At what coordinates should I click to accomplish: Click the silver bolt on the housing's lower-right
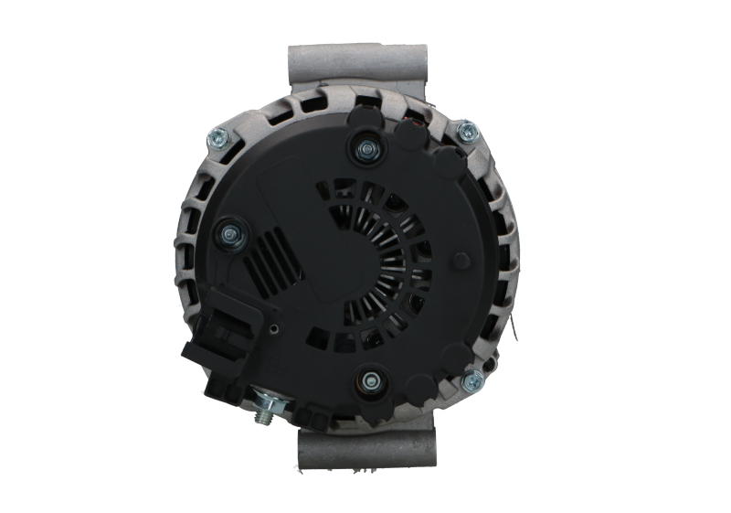tap(471, 379)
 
